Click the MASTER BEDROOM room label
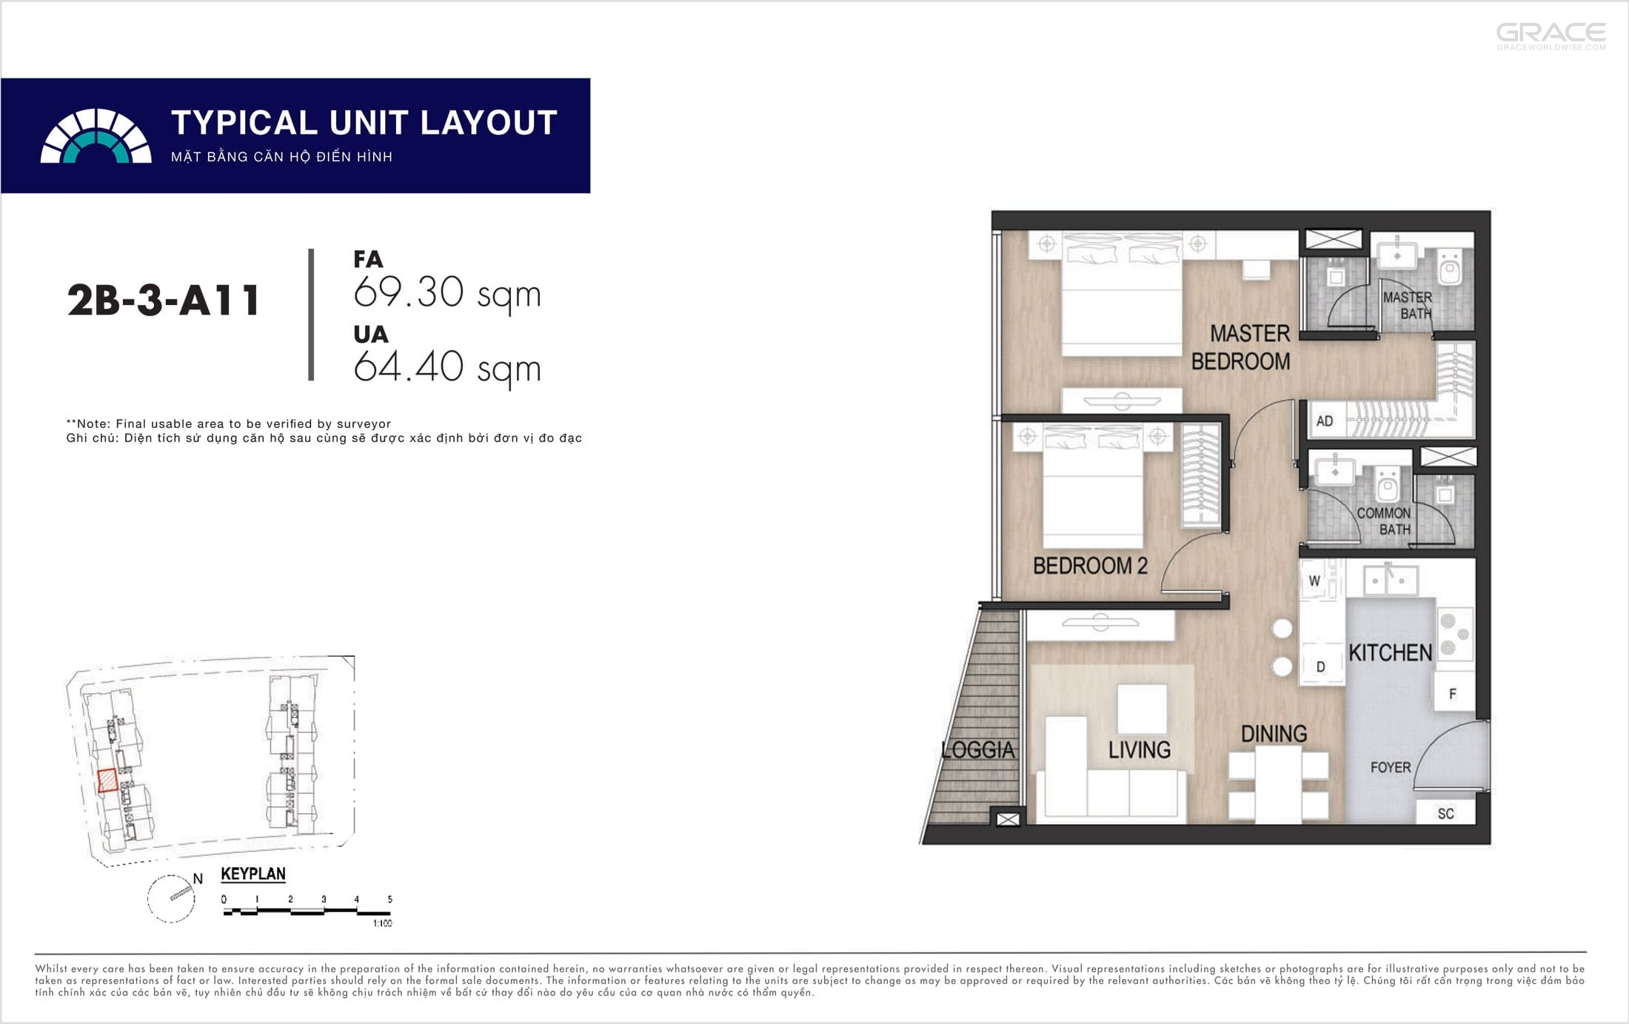1241,347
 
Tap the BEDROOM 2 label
1090,566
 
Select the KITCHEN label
1390,652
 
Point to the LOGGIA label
977,749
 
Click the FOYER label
1391,767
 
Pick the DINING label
1274,734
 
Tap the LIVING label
1140,750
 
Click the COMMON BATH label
1384,521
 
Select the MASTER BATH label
1408,305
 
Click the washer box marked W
1315,580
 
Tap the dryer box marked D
1321,666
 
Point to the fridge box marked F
1453,694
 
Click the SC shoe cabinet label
1446,814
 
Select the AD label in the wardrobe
1325,421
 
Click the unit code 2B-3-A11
163,300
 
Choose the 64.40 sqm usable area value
447,368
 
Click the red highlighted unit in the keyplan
108,780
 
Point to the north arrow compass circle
171,899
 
